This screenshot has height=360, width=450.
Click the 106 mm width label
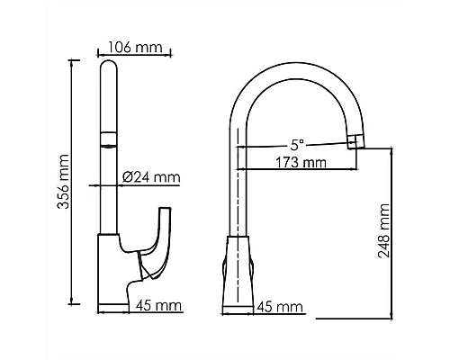pyautogui.click(x=135, y=47)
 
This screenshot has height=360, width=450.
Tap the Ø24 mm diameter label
pyautogui.click(x=148, y=176)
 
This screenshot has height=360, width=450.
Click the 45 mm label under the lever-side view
pyautogui.click(x=152, y=306)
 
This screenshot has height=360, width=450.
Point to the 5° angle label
pyautogui.click(x=297, y=141)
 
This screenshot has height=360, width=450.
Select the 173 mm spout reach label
pyautogui.click(x=301, y=163)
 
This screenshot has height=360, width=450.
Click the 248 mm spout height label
pyautogui.click(x=384, y=230)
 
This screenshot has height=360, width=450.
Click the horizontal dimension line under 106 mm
pyautogui.click(x=135, y=56)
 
